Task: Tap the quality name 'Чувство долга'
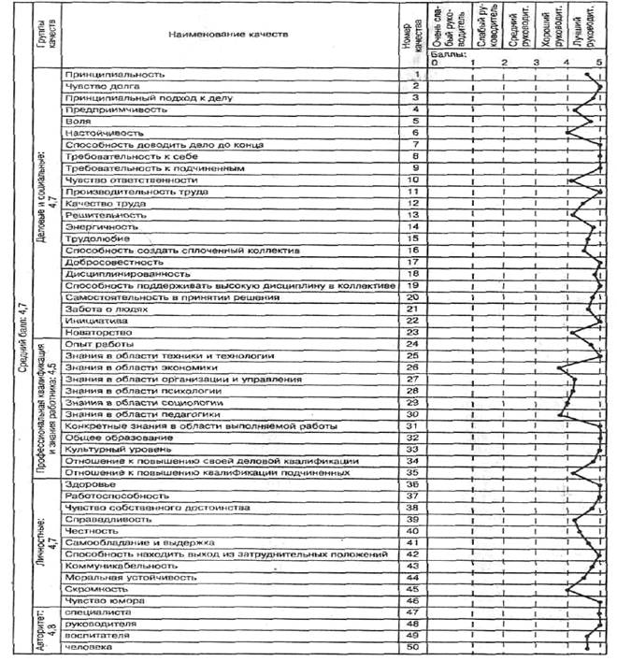coord(101,85)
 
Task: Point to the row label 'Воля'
coord(77,122)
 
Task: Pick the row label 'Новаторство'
coord(96,332)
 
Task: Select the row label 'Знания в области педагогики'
coord(143,414)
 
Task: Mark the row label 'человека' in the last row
coord(87,647)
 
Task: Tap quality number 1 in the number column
coord(413,73)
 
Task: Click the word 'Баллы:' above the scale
coord(441,55)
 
